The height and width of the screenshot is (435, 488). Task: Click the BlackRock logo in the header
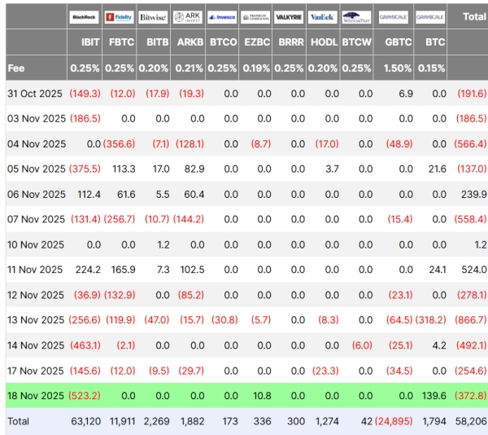[x=85, y=16]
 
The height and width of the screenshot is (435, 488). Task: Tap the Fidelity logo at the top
[x=119, y=16]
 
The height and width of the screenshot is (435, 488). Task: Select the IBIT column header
[x=90, y=41]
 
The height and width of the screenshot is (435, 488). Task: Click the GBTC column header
[x=398, y=41]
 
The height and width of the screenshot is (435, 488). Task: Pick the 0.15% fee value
[x=430, y=68]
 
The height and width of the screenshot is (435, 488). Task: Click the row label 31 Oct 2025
[x=36, y=94]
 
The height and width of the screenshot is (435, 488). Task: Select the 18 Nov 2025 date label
[x=36, y=396]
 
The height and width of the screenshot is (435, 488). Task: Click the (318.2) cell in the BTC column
[x=431, y=320]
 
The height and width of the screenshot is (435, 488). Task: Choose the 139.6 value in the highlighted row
[x=433, y=396]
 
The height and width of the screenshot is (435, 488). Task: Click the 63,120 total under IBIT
[x=85, y=422]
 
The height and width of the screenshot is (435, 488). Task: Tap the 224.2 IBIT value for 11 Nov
[x=86, y=270]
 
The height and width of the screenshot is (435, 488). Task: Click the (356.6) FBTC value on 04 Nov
[x=119, y=144]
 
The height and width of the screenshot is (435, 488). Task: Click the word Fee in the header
[x=16, y=68]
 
